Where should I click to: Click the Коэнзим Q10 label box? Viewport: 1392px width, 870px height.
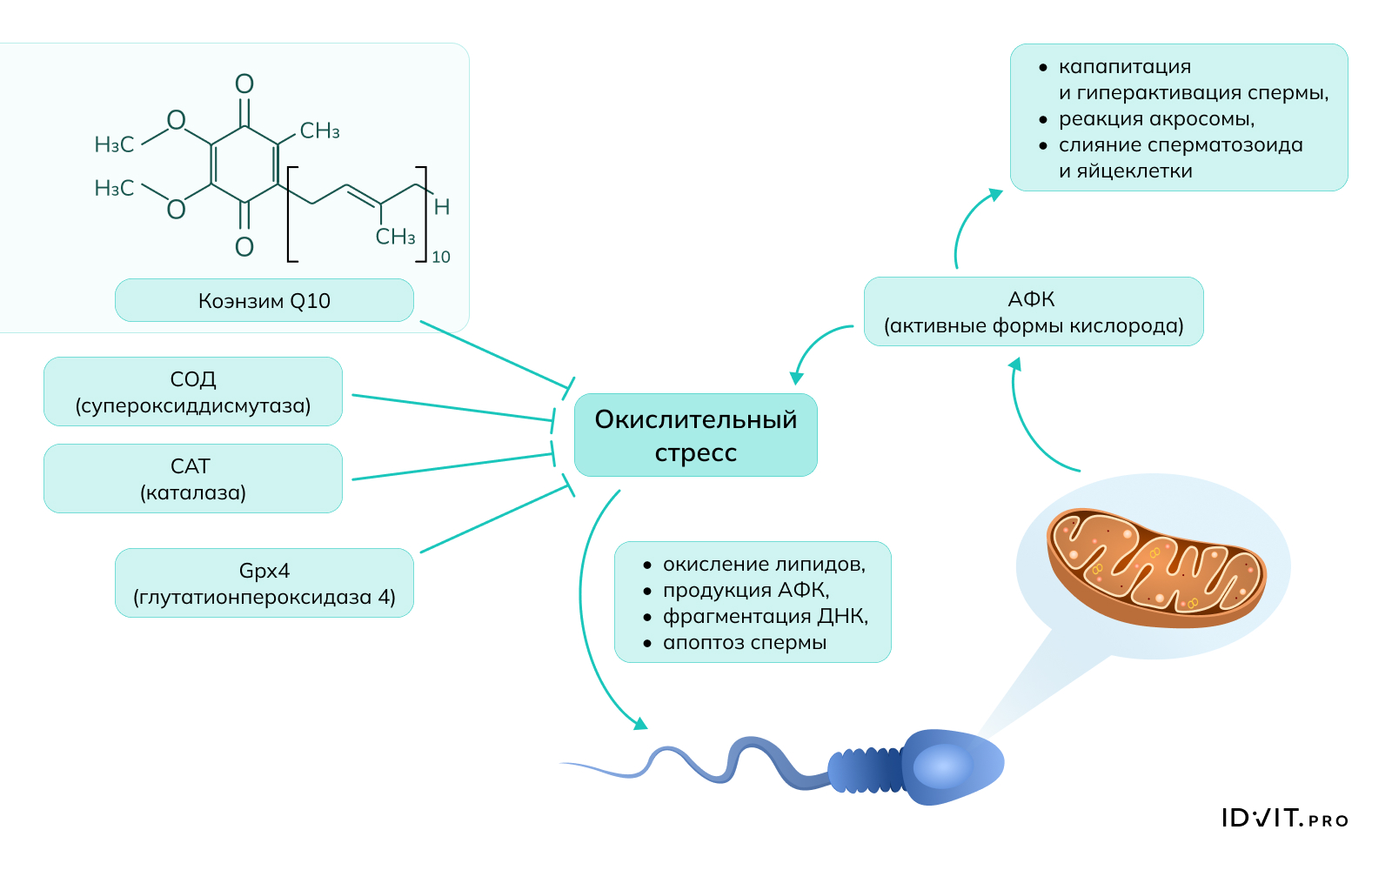tap(264, 300)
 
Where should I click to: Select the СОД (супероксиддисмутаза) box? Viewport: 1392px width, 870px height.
tap(192, 391)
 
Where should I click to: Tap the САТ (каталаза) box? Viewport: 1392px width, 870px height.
tap(192, 478)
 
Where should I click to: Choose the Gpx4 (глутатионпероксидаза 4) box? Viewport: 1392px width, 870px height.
tap(264, 583)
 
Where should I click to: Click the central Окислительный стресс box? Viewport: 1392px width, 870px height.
tap(695, 435)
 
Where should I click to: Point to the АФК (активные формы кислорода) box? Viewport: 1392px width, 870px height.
tap(1033, 311)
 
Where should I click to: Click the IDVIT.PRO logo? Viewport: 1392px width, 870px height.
tap(1284, 819)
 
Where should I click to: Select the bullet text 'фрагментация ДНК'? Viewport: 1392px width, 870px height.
tap(765, 616)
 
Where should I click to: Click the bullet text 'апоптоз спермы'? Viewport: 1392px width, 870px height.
tap(744, 642)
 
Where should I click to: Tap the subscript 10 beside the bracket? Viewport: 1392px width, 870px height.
tap(441, 257)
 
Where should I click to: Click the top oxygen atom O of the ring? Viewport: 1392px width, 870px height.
tap(244, 84)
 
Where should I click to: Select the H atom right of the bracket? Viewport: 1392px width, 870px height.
tap(442, 207)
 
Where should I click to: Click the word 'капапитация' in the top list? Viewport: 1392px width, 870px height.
tap(1124, 67)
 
